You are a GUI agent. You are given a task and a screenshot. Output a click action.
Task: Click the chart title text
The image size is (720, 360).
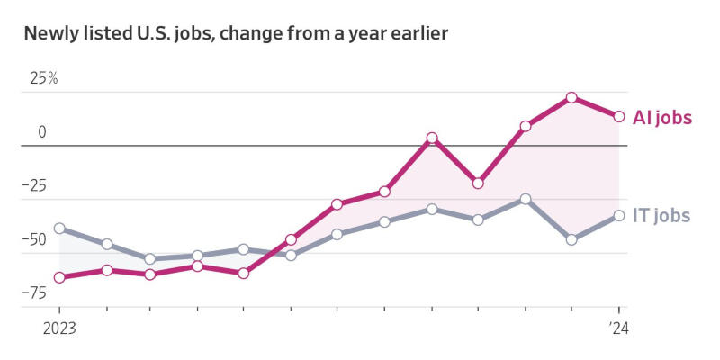[236, 35]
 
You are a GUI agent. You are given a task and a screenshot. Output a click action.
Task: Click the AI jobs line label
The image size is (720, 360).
[662, 118]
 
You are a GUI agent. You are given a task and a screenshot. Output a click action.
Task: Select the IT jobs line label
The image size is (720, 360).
[661, 215]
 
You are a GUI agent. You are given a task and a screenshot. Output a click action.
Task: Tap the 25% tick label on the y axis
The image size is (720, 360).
[43, 78]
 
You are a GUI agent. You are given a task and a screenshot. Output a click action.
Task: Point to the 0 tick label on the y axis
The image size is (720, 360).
[41, 132]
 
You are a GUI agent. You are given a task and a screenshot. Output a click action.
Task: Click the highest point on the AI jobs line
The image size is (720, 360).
[571, 97]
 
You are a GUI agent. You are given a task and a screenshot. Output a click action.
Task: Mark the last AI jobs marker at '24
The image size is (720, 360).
[619, 116]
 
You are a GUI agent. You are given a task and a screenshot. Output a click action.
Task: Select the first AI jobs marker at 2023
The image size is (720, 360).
[59, 277]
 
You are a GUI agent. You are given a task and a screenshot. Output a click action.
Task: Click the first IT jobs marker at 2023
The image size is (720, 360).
[59, 229]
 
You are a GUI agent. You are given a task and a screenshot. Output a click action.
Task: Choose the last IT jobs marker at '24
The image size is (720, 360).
[619, 215]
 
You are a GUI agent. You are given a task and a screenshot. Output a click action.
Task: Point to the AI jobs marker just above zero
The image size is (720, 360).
[432, 139]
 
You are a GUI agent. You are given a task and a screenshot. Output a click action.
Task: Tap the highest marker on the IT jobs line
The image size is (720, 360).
[526, 199]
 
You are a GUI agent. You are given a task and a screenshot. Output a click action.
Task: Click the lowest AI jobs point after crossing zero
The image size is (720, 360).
[478, 184]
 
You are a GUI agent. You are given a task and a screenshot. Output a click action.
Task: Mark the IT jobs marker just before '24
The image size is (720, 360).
[571, 239]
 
